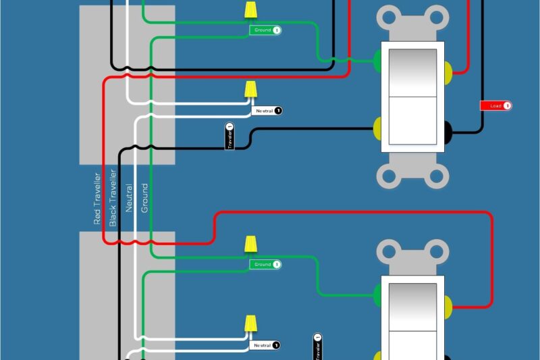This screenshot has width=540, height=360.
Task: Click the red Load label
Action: [x=495, y=106]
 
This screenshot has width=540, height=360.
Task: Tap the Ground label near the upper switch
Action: [x=265, y=30]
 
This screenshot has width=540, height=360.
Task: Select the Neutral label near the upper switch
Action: [x=267, y=110]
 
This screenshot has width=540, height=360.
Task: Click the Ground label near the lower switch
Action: [x=265, y=264]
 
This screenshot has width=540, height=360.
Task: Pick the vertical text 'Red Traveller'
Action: [x=97, y=199]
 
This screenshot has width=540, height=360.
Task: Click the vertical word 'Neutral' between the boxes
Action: [x=129, y=199]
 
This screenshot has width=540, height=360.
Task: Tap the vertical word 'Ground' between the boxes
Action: [x=144, y=199]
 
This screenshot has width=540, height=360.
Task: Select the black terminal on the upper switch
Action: [x=448, y=128]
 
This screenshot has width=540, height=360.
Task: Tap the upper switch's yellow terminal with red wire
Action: [x=449, y=71]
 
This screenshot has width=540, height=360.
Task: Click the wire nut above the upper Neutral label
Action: [x=250, y=90]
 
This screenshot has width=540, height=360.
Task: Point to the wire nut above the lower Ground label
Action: [x=250, y=244]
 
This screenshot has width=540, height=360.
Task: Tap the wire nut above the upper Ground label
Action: [x=250, y=9]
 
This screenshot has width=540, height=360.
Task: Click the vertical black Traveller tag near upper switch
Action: [x=230, y=136]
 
